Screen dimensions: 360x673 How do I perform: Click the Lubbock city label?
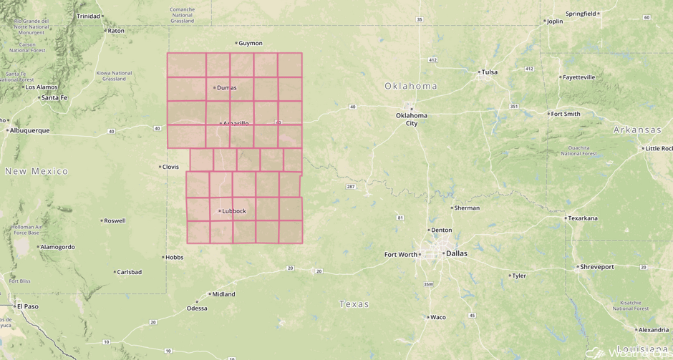[x=234, y=211]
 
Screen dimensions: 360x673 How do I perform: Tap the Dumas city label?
[x=226, y=88]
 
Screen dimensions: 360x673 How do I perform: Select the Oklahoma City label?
[x=412, y=119]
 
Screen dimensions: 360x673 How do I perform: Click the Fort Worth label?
[x=401, y=255]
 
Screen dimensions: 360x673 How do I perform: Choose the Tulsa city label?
[x=489, y=72]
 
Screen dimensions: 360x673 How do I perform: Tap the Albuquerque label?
[x=29, y=130]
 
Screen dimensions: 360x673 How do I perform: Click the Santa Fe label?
[x=54, y=97]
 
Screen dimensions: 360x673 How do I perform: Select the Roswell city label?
[x=115, y=220]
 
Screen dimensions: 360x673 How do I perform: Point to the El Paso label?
[x=28, y=306]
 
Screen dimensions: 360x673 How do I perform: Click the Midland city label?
[x=223, y=294]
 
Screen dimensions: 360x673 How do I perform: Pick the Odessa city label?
[x=197, y=308]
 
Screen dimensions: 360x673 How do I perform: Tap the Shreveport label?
[x=597, y=267]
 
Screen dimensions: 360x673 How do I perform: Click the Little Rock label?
[x=659, y=148]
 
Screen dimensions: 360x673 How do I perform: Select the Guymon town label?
[x=251, y=43]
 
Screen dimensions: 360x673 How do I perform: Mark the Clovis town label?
[x=170, y=167]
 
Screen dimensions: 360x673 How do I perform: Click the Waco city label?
[x=437, y=317]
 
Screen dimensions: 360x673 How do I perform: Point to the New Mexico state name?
[x=37, y=171]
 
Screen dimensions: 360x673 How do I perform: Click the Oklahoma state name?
[x=411, y=86]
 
